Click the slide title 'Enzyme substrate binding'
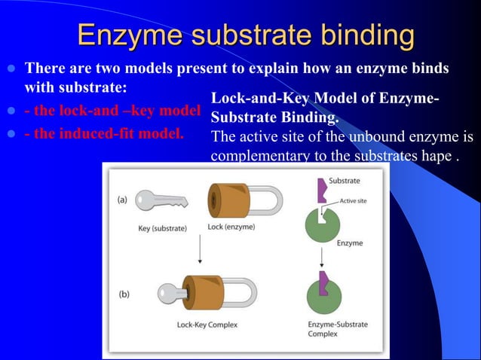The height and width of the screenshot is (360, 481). (246, 35)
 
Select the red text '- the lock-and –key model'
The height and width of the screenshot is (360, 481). (112, 110)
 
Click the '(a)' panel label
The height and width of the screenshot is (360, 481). (122, 200)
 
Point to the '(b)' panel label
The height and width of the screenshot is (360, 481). (124, 294)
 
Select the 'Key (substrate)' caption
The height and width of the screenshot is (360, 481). (165, 227)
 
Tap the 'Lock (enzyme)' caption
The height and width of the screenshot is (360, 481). (231, 227)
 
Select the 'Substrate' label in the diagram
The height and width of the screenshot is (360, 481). (344, 181)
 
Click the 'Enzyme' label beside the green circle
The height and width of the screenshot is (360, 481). (350, 243)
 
